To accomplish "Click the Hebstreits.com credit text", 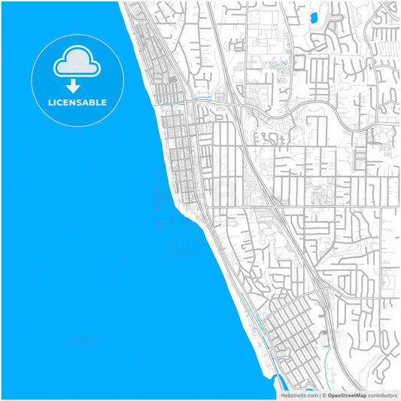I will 299,395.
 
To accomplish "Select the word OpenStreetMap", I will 347,395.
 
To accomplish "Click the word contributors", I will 382,395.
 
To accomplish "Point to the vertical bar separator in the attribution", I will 320,395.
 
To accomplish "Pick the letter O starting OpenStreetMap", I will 330,395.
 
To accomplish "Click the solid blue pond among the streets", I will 314,16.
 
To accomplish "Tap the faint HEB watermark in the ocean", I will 83,340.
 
